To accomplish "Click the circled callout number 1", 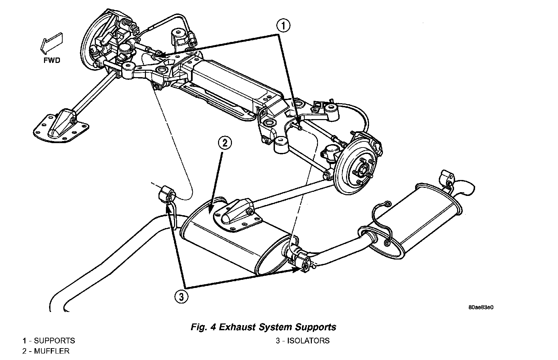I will point(283,26).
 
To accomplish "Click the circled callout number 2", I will point(225,143).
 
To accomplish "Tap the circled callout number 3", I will point(181,297).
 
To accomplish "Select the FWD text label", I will point(52,61).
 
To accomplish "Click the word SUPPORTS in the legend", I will point(55,340).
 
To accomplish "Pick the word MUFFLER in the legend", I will point(52,351).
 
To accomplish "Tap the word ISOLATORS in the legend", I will point(308,340).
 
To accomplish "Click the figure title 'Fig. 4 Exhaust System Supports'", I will point(264,327).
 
